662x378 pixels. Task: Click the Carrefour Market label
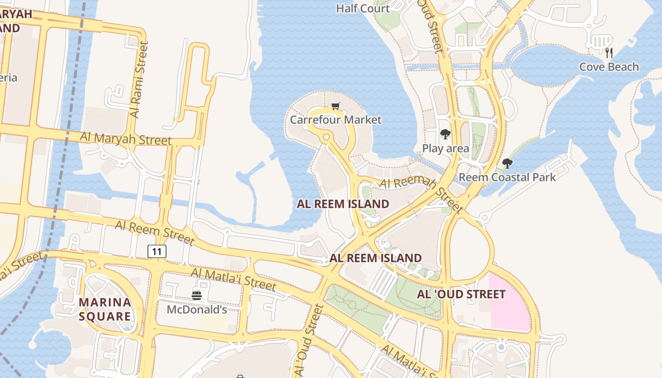coord(335,120)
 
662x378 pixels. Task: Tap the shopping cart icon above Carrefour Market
coord(335,106)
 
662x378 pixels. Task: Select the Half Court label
coord(363,9)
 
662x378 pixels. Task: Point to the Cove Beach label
coord(609,67)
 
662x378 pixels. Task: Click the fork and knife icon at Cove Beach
coord(609,52)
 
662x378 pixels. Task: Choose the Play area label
coord(445,148)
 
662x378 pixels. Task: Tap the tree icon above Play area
coord(445,134)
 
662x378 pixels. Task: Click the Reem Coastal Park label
coord(507,177)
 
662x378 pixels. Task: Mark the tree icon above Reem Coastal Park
coord(507,163)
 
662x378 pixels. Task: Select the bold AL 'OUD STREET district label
coord(461,294)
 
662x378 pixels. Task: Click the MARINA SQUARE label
coord(105,309)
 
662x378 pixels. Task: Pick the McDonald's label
coord(197,310)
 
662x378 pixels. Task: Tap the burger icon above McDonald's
coord(197,296)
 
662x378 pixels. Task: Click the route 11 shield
coord(157,251)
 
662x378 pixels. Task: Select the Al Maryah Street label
coord(125,138)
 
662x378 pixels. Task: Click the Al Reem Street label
coord(155,232)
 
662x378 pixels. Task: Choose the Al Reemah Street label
coord(420,194)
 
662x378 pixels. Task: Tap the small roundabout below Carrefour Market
coord(326,137)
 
